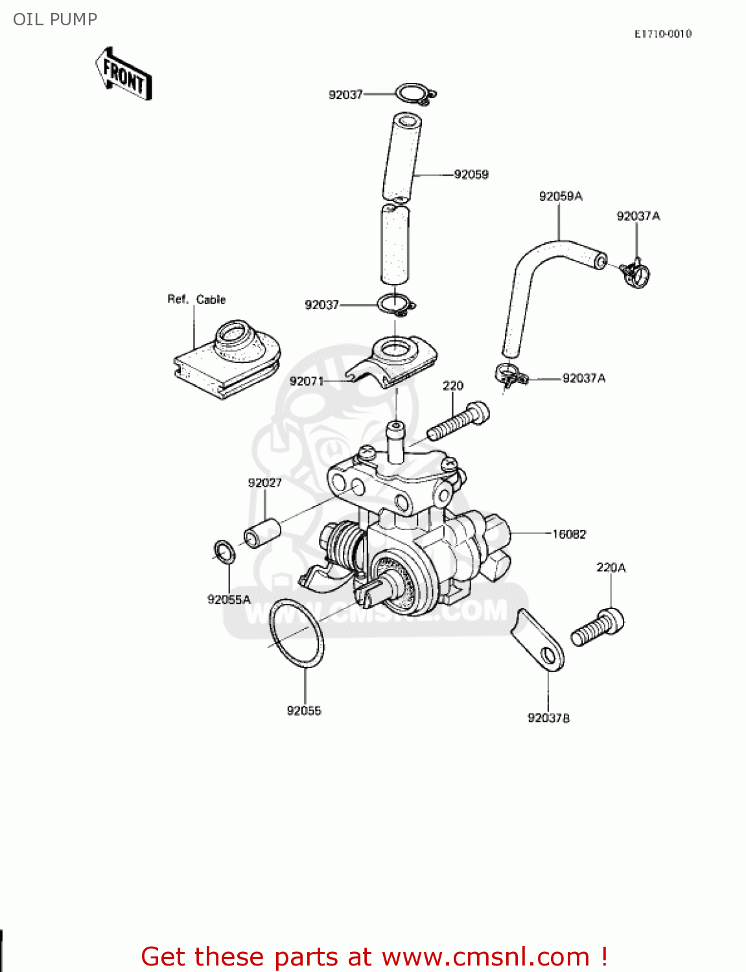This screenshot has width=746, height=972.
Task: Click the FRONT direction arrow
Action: (124, 74)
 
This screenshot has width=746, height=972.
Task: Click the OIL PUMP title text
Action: (55, 19)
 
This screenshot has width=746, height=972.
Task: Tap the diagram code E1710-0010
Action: (662, 34)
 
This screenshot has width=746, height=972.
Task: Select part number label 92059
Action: (471, 174)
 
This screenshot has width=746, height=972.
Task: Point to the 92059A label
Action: (561, 196)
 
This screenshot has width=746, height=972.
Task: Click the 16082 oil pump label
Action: (569, 534)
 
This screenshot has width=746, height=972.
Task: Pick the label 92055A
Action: (229, 599)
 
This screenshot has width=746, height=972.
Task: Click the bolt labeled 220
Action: (458, 421)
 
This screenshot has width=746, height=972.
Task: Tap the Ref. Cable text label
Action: (196, 299)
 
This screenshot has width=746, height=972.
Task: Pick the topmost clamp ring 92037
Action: (415, 95)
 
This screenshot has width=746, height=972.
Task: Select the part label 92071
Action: (306, 381)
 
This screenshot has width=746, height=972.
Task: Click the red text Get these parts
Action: (374, 956)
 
